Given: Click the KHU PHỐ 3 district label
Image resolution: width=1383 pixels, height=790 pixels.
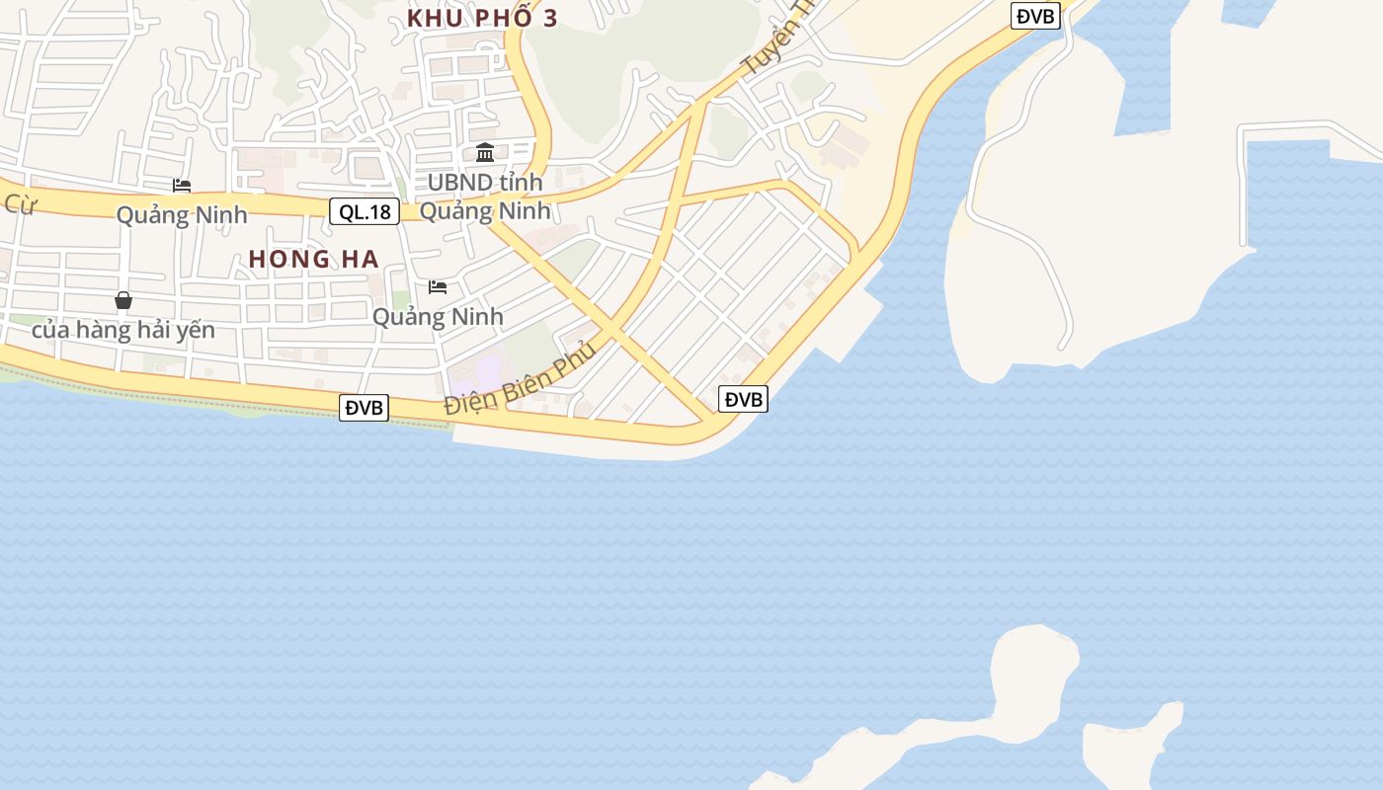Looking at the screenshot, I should click(482, 18).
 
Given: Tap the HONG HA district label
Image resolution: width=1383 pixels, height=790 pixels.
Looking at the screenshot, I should click(313, 259).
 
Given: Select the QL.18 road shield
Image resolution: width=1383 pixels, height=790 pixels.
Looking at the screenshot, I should click(365, 210).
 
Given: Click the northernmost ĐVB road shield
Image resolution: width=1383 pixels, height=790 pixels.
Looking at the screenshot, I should click(1035, 15).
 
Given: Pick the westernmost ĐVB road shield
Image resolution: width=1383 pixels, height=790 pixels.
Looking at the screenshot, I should click(364, 407).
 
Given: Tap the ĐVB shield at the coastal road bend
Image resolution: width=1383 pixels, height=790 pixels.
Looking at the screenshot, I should click(743, 399).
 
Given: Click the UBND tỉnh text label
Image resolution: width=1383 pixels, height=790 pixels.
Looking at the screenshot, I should click(485, 183).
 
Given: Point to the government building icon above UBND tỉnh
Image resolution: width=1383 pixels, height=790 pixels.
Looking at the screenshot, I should click(485, 153).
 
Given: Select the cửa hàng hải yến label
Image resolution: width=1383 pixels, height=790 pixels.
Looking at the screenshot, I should click(123, 330).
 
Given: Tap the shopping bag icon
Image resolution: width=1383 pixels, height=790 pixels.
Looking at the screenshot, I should click(123, 300).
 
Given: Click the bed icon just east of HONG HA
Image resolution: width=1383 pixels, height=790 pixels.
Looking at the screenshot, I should click(438, 287).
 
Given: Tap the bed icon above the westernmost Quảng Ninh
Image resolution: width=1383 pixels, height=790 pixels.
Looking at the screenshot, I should click(182, 186).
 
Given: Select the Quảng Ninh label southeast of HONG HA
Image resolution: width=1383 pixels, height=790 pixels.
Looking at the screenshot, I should click(438, 317).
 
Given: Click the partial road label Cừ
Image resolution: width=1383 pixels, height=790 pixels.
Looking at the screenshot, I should click(19, 205).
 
